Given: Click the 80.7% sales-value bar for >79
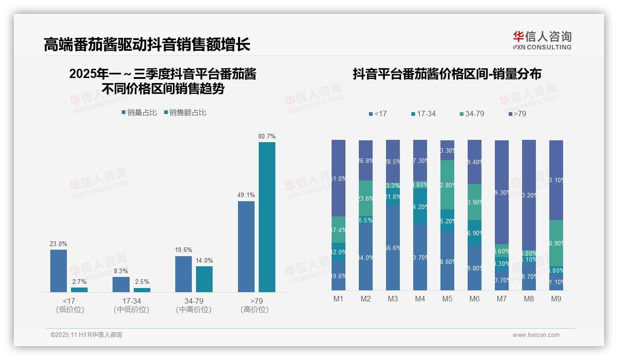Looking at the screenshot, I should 267,217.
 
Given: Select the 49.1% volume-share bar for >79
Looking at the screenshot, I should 246,246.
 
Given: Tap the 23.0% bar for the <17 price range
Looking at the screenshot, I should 59,271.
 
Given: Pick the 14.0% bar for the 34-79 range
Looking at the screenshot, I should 204,279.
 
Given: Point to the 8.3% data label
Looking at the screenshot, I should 120,271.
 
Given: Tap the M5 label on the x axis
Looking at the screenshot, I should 447,299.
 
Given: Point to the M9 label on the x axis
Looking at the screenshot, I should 556,299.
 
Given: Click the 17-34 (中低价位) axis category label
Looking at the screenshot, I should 131,305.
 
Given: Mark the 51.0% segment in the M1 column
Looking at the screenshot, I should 339,178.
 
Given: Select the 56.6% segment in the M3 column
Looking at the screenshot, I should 393,248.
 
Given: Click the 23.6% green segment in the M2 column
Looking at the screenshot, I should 366,198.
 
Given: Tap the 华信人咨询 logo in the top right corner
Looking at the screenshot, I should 542,40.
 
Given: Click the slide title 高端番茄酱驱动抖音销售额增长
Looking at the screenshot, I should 147,45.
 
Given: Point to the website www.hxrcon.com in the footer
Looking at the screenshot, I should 536,335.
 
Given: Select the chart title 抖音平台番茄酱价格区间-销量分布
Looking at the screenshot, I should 447,74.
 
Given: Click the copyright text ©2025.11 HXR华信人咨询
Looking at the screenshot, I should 86,335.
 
